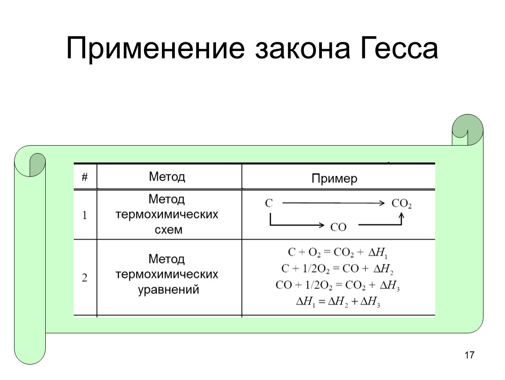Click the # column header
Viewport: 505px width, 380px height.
85,177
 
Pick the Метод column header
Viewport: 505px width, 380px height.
167,177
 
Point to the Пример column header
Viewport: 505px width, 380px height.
334,179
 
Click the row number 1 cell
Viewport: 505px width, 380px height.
84,215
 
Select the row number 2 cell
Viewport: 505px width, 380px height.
84,278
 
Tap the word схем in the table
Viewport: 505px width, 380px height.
169,230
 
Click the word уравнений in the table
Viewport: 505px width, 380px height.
169,290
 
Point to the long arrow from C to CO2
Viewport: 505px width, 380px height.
333,203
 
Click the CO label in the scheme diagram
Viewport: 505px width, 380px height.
338,227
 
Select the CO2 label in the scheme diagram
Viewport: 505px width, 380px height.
401,204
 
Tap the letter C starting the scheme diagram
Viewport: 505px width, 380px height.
269,203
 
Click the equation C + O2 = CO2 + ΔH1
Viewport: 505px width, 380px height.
338,252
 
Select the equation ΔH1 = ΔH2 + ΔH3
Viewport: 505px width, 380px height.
338,302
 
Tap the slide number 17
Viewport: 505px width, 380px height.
469,355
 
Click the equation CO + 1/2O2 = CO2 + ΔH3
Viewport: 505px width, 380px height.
338,285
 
